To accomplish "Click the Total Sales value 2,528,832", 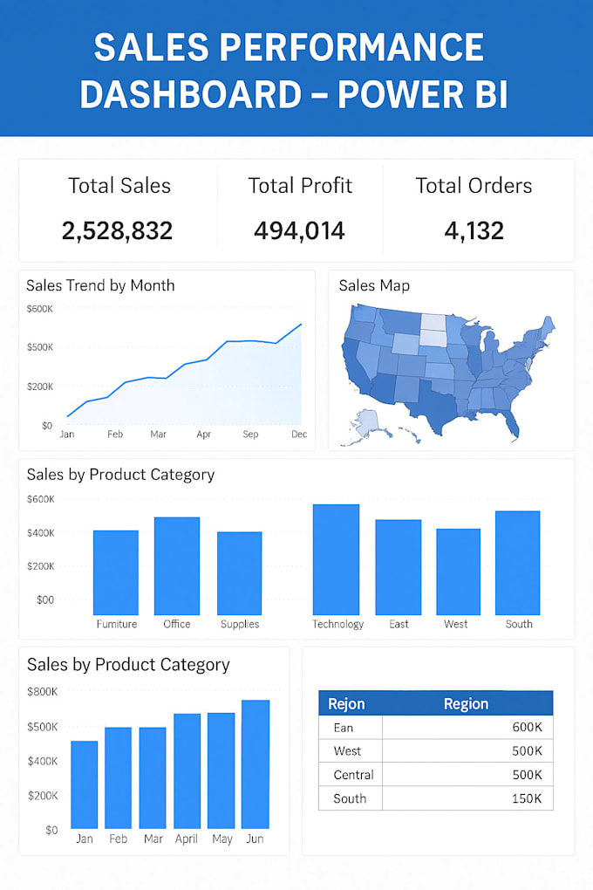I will coord(117,231).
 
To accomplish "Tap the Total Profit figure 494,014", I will coord(299,231).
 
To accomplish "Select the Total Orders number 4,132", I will coord(474,231).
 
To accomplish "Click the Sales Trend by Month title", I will coord(100,285).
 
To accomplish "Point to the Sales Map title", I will coord(374,285).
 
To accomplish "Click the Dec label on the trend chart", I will coord(299,434).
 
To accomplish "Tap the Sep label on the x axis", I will coord(250,434).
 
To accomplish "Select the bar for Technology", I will coord(336,560).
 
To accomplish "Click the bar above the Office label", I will coord(177,566).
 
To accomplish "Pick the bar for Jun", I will coord(256,764).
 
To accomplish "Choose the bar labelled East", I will coord(399,568).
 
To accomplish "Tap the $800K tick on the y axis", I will coord(43,692).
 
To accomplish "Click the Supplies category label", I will coord(240,624).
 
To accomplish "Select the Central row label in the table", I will coord(353,775).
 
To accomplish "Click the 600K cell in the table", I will coord(527,728).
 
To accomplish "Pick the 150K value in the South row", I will coord(527,798).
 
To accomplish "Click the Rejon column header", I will coord(346,704).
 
